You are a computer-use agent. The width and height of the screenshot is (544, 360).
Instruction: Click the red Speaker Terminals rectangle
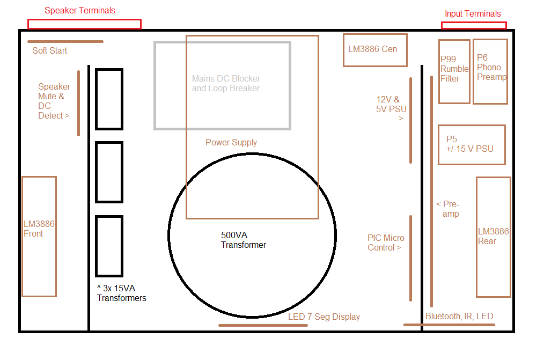tap(84, 24)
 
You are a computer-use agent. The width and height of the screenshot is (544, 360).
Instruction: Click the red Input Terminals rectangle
tap(474, 25)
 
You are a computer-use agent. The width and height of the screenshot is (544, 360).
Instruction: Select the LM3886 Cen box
tap(375, 50)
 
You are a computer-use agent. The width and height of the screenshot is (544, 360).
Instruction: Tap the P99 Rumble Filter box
tap(454, 71)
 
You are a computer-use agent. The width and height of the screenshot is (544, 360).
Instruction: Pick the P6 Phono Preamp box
tap(490, 71)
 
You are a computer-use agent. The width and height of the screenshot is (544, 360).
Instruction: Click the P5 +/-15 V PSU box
tap(472, 144)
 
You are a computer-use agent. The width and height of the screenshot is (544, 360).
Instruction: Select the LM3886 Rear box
tap(494, 237)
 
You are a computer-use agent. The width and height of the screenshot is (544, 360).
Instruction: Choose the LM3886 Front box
tap(39, 236)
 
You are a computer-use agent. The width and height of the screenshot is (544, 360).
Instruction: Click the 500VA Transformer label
tap(243, 240)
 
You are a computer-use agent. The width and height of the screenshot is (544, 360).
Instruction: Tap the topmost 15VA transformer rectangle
tap(109, 99)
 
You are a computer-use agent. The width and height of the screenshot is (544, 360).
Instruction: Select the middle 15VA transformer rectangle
tap(109, 172)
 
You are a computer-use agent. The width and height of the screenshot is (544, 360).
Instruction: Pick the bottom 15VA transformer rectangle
tap(109, 246)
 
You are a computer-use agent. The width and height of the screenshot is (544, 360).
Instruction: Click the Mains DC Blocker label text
tap(226, 83)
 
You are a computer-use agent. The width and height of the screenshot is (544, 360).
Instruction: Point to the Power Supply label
tap(231, 142)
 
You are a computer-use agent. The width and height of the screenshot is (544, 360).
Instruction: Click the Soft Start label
tap(49, 50)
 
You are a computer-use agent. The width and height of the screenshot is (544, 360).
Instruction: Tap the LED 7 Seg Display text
tap(324, 317)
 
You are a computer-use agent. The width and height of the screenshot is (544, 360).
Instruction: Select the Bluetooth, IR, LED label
tap(459, 316)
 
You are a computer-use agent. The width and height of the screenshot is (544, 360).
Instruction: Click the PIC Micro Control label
tap(386, 243)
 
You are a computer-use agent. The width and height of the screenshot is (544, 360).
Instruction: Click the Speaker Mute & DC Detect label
tap(54, 101)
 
